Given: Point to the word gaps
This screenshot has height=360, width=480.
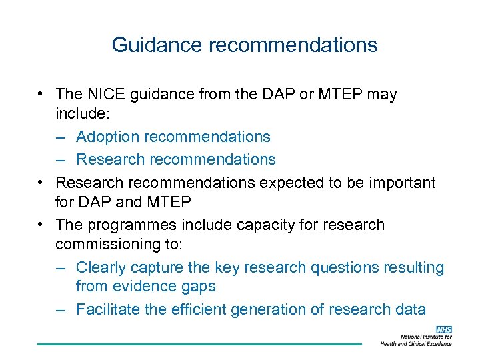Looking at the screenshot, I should pyautogui.click(x=199, y=287).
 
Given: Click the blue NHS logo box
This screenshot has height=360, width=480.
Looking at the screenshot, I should pyautogui.click(x=443, y=329).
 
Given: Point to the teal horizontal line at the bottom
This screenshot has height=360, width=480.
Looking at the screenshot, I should pyautogui.click(x=199, y=344).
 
